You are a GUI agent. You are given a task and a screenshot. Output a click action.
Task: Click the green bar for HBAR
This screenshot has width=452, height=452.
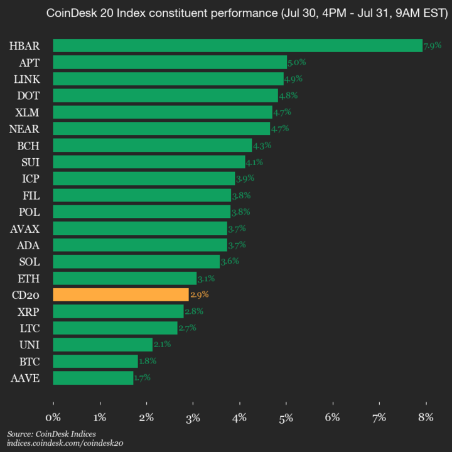tap(237, 45)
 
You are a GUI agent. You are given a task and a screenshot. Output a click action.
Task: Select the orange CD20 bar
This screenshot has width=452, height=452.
tap(121, 294)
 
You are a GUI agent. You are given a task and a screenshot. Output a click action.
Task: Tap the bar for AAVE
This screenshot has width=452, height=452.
tap(93, 378)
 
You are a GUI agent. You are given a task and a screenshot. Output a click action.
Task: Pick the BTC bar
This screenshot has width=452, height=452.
tap(95, 361)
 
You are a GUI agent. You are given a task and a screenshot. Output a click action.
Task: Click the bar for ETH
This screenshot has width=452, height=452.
tap(124, 278)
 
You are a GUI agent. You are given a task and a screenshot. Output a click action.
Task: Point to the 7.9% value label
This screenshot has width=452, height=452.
tap(433, 46)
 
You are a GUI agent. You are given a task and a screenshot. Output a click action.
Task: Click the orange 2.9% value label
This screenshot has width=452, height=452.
tap(199, 294)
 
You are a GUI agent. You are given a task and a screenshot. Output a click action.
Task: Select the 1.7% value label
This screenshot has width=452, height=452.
tap(143, 378)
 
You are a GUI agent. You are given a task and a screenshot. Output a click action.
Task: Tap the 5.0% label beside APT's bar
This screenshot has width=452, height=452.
tap(296, 62)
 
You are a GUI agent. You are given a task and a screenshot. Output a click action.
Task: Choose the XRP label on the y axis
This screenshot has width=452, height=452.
tap(29, 311)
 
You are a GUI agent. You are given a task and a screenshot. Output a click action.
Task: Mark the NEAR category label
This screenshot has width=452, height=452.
tap(26, 129)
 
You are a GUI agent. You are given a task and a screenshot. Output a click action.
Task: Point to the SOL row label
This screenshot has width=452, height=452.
tap(30, 261)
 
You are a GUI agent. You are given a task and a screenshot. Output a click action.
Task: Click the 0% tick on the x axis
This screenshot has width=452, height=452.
tap(53, 417)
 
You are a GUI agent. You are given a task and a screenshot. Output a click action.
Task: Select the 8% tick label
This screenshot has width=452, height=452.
tap(426, 417)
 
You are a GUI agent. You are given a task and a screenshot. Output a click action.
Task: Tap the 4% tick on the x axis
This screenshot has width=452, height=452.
tap(240, 417)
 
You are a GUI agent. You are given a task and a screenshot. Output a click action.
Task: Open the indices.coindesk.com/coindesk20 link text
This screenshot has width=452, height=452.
tap(65, 443)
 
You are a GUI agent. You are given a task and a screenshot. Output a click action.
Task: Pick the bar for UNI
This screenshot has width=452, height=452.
tap(102, 345)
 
